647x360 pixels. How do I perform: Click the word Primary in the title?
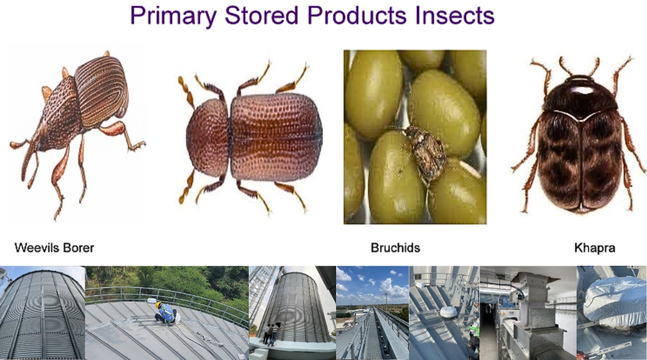pyautogui.click(x=173, y=16)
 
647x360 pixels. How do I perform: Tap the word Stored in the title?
pyautogui.click(x=261, y=15)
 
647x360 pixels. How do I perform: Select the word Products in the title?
pyautogui.click(x=357, y=15)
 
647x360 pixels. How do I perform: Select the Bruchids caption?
pyautogui.click(x=395, y=248)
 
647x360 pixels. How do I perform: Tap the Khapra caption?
pyautogui.click(x=595, y=248)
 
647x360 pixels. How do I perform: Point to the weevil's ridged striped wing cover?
pyautogui.click(x=101, y=91)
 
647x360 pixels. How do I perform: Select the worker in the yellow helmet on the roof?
pyautogui.click(x=166, y=313)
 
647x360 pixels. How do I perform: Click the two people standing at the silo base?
pyautogui.click(x=271, y=334)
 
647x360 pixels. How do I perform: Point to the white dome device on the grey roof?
pyautogui.click(x=449, y=312)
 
